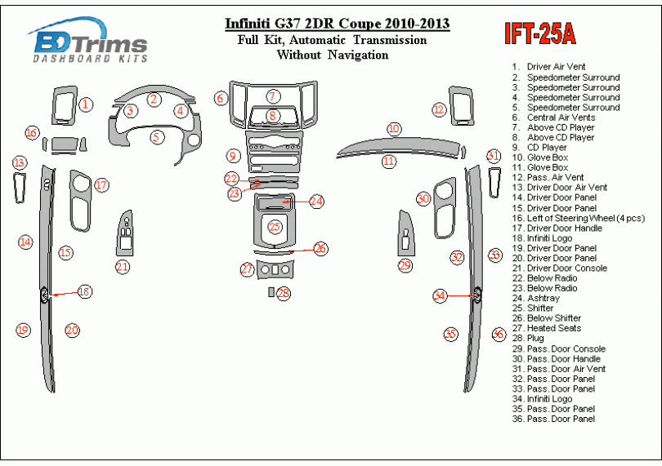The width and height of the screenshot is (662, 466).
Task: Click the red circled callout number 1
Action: point(86,104)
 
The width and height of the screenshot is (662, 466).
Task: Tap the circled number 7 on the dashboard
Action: point(273,96)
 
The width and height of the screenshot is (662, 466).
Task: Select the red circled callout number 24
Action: point(316,200)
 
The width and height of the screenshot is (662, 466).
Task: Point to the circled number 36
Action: point(498,334)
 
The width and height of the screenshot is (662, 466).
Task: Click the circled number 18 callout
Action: point(84,291)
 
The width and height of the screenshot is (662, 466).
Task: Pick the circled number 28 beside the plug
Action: point(283,293)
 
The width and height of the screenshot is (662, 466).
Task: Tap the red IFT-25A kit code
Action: point(539,33)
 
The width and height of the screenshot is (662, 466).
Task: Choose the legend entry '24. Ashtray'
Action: point(545,299)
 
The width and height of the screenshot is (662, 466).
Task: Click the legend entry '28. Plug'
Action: point(540,339)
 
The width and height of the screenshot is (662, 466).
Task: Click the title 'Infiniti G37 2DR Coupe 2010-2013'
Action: point(336,23)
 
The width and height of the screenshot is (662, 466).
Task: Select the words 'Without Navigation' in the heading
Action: point(333,55)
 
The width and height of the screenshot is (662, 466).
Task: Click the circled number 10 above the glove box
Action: point(394,129)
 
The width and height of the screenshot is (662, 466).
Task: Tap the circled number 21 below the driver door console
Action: point(123,267)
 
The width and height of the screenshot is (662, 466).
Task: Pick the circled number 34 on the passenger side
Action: point(441,296)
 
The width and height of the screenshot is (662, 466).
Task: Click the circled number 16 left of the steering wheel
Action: point(32,133)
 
